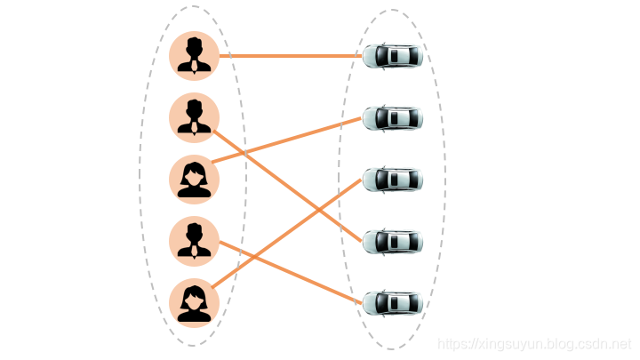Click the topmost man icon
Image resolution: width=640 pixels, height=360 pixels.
coord(195,56)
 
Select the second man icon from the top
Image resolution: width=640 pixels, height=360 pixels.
coord(195,118)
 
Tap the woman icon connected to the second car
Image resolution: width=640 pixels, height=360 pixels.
coord(195,180)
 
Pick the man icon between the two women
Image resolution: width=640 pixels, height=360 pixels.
coord(195,242)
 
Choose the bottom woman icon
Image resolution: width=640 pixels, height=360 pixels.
coord(195,303)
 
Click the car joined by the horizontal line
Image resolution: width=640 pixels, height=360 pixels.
coord(393,56)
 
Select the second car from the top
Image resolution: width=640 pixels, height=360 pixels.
coord(393,118)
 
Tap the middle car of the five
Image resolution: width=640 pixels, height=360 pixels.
coord(393,180)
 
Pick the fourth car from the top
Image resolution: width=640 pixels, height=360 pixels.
coord(393,242)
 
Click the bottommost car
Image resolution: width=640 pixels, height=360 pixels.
coord(393,304)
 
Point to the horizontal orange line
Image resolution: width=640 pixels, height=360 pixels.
coord(291,56)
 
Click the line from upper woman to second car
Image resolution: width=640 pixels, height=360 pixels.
coord(286,140)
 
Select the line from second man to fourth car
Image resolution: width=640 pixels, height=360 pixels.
coord(287,186)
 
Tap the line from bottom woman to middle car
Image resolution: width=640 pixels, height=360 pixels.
coord(286,234)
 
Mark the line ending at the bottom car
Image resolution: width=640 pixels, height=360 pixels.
coord(290,273)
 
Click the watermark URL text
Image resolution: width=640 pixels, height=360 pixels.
coord(534,344)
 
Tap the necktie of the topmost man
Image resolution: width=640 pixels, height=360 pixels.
coord(195,67)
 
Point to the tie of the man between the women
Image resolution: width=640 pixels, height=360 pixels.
coord(195,252)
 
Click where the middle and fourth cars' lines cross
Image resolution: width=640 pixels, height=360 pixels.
coord(319,210)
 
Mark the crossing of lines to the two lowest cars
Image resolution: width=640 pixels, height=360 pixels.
coord(255,257)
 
